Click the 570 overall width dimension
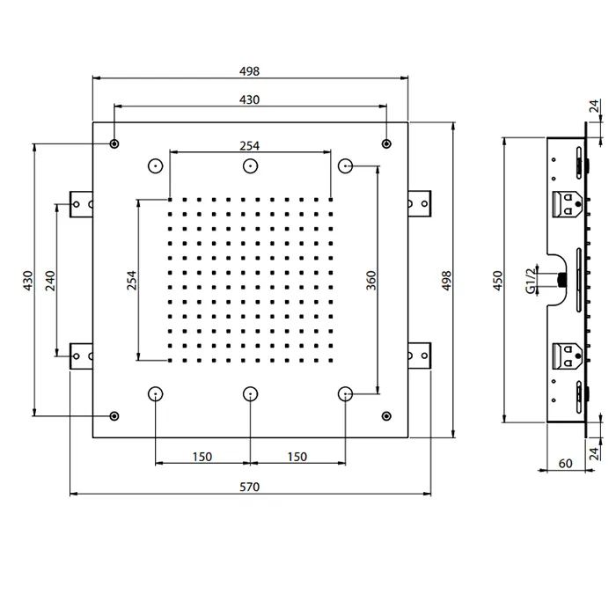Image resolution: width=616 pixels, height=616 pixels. pos(249,487)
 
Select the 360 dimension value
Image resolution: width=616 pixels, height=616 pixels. pos(370,280)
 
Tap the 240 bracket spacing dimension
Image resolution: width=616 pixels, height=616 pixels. pos(50,281)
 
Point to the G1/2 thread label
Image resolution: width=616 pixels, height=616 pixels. pos(531,281)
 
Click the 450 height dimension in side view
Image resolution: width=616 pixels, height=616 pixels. pos(498,281)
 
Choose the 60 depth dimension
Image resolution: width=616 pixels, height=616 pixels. pos(565,464)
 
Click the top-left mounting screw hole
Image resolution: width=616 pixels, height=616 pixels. pos(114,143)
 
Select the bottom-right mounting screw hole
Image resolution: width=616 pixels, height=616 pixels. pos(386,416)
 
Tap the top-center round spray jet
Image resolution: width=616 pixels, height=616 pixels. pos(250,166)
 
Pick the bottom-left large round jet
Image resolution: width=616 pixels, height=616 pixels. pos(156,393)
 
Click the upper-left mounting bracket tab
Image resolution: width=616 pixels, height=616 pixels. pos(81,204)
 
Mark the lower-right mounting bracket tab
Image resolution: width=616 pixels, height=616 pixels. pos(419,356)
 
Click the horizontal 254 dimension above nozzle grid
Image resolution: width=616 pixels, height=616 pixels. pos(249,146)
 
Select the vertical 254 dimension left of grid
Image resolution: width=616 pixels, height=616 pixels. pos(132,280)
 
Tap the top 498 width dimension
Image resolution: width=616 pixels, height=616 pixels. pos(249,71)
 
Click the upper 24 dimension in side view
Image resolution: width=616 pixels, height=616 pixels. pos(594,106)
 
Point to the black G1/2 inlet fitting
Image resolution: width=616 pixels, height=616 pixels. pos(562,280)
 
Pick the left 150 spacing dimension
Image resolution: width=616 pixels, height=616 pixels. pos(202,457)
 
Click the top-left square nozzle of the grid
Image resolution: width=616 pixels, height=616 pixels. pos(170,200)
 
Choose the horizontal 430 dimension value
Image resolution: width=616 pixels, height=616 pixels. pos(249,99)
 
